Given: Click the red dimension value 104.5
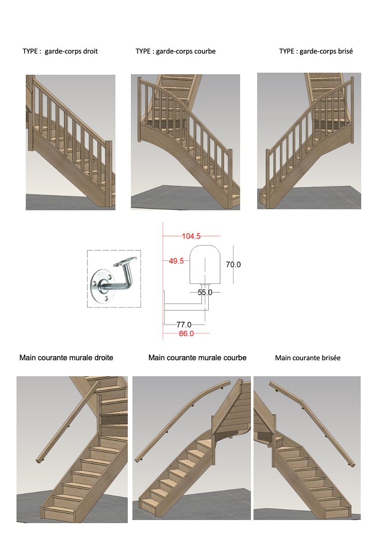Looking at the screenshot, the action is point(191,236).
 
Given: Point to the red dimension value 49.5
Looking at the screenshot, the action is point(176,261).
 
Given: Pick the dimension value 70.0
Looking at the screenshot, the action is point(233,264).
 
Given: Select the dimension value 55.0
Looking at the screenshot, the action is point(205,292).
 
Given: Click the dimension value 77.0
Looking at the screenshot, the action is point(184,324).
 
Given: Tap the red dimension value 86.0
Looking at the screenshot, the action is point(186,333).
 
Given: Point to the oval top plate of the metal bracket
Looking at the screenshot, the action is point(125,261).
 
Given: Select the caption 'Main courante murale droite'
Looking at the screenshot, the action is point(66,358).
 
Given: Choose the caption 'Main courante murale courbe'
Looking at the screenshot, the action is point(197,358).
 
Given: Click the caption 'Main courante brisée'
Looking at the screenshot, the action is point(308,358).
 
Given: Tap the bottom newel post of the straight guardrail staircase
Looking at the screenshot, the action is point(109,173).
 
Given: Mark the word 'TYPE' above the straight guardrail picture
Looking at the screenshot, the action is point(30,51).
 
